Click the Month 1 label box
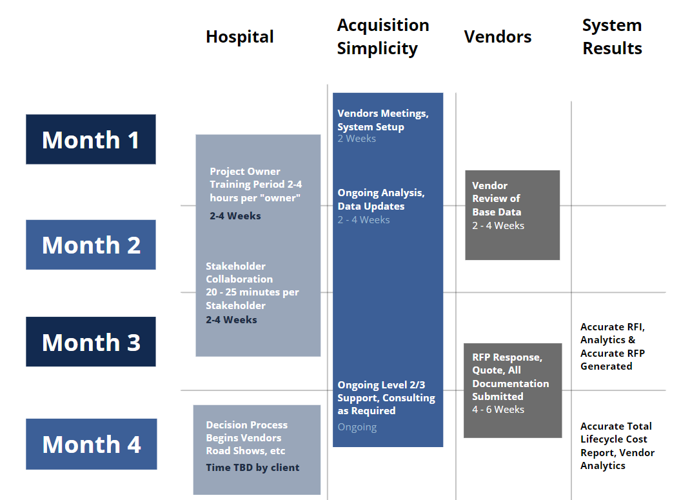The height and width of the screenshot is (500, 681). point(91,139)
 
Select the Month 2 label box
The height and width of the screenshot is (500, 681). point(91,245)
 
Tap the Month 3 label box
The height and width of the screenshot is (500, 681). point(91,342)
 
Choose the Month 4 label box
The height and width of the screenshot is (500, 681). point(91,444)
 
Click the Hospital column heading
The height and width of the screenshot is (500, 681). point(240,37)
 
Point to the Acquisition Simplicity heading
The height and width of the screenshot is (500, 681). point(383,37)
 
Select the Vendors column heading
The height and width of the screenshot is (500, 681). point(498,37)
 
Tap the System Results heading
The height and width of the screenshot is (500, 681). point(613,37)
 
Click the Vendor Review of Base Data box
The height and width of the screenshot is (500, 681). point(513,215)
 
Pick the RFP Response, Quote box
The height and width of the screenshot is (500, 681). point(513,390)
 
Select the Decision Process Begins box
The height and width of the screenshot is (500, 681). point(257,450)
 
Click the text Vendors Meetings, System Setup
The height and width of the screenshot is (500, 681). point(383,120)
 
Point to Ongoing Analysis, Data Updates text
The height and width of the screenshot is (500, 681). point(381,199)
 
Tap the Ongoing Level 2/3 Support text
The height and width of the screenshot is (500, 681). point(386,397)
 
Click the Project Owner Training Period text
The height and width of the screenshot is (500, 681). point(256,185)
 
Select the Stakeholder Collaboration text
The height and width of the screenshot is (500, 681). point(252,285)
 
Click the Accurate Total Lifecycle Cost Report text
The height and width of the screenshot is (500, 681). point(618,446)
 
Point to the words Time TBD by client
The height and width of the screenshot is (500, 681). point(253,468)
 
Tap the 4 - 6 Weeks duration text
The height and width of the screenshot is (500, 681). point(498,410)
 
